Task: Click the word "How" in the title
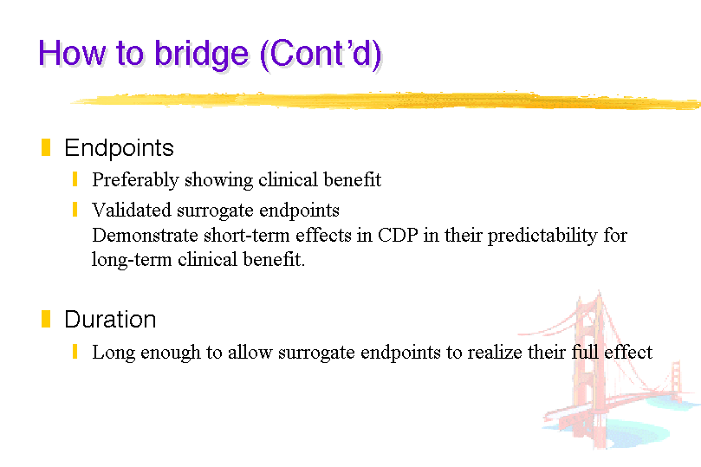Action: (73, 53)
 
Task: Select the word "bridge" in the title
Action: (201, 55)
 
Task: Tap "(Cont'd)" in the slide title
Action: (321, 55)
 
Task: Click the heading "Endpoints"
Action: (119, 148)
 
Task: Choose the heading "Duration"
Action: (110, 319)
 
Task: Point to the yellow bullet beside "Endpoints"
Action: (46, 147)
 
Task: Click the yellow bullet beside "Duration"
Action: (46, 319)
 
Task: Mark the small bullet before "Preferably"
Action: (75, 179)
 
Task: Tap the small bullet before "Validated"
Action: (75, 210)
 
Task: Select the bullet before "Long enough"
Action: (75, 352)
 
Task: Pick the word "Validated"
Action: (132, 210)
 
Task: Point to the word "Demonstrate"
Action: (145, 235)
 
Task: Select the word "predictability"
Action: (542, 236)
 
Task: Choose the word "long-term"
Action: (132, 260)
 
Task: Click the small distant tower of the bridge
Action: (676, 379)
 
